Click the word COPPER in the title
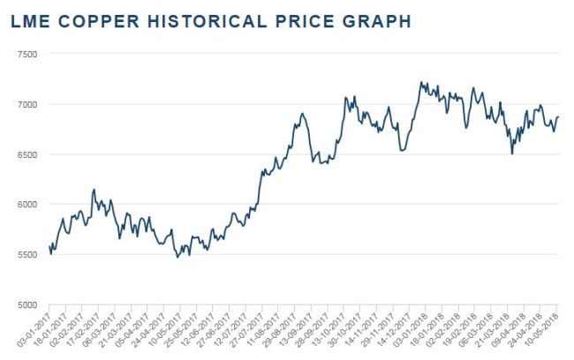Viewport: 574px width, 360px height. (99, 21)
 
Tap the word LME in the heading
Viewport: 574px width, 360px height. (30, 21)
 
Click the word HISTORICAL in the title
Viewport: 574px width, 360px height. (207, 21)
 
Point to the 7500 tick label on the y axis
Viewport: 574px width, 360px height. (27, 54)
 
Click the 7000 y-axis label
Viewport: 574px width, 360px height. (27, 105)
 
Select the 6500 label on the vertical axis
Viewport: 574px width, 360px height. (27, 154)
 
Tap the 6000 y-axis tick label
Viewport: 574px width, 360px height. (27, 205)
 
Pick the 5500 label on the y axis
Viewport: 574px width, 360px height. (27, 255)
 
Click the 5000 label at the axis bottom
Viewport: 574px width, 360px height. (27, 304)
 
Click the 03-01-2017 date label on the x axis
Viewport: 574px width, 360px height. (34, 328)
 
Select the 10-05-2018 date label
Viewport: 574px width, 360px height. (541, 328)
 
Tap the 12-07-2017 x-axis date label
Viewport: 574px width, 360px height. (230, 328)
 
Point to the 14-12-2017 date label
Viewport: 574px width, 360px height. (394, 328)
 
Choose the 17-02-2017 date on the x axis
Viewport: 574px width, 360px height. (83, 328)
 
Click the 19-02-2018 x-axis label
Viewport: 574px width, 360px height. (459, 328)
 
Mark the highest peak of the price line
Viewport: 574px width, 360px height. (421, 82)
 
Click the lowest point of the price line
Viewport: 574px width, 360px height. (177, 258)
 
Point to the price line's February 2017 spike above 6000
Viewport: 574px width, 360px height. (94, 190)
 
